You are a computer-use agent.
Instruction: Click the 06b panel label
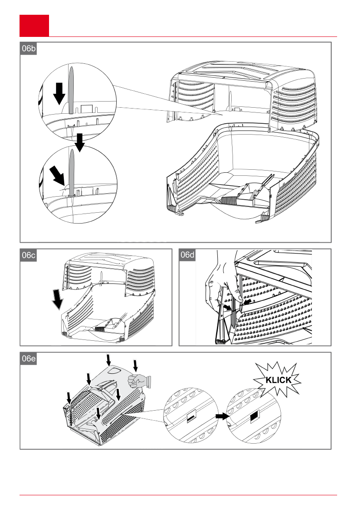point(28,49)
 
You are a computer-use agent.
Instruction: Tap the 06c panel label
point(28,255)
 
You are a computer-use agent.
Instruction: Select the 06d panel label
point(187,255)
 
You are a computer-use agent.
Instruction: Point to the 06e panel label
point(28,359)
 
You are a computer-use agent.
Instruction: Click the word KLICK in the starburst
point(279,380)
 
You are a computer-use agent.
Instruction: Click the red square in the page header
point(34,25)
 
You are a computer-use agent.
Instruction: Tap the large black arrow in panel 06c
point(58,300)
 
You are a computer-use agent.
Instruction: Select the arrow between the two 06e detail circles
point(223,416)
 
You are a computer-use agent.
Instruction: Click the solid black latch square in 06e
point(254,417)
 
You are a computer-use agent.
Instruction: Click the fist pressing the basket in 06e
point(139,381)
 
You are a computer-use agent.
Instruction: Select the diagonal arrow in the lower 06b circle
point(57,176)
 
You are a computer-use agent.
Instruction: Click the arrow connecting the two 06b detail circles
point(79,142)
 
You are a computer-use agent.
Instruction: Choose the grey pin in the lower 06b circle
point(72,173)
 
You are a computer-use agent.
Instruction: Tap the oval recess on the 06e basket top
point(114,370)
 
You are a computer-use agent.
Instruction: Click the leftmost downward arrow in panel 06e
point(69,397)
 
